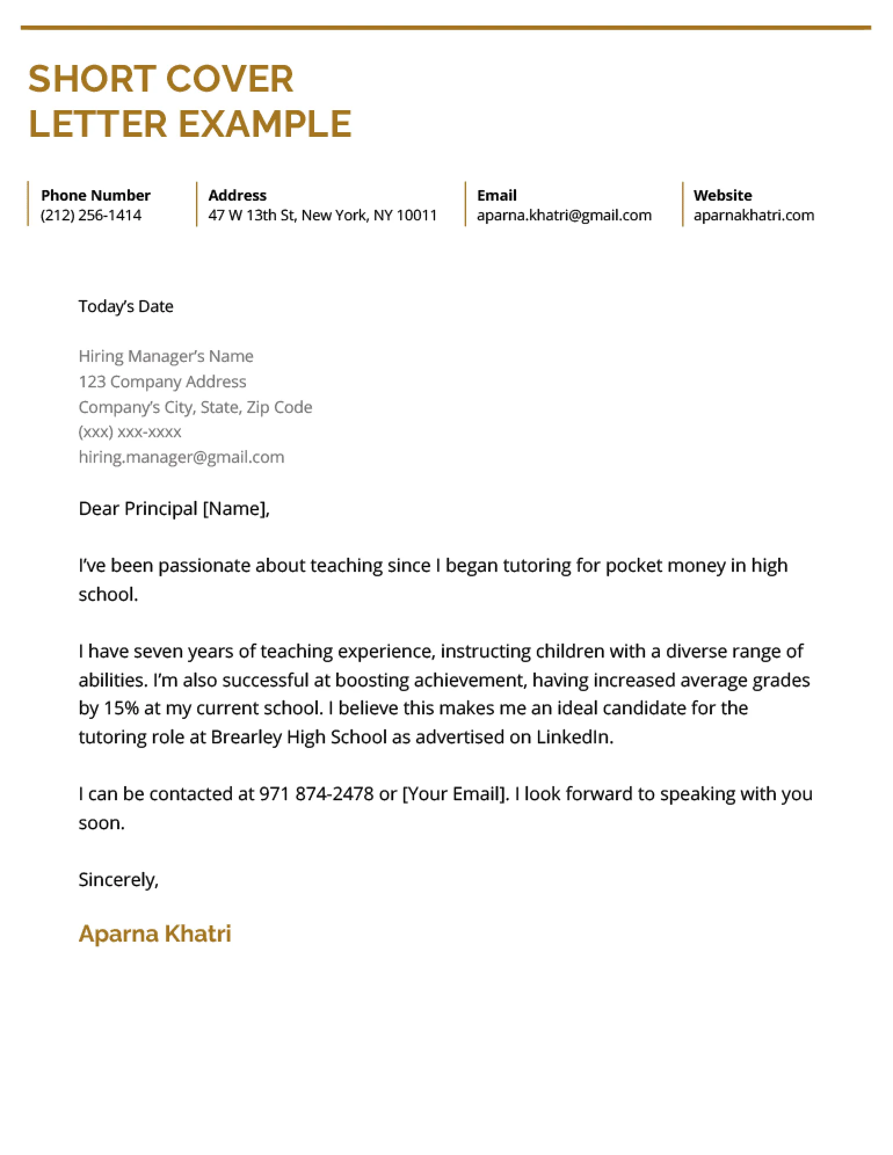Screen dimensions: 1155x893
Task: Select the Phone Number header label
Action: (96, 195)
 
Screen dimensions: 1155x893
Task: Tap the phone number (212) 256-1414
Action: (91, 215)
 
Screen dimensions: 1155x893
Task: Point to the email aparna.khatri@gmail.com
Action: (564, 215)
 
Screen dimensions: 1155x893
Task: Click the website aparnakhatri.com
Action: (753, 215)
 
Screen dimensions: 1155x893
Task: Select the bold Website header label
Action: (722, 195)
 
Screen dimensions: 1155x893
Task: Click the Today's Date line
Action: (126, 306)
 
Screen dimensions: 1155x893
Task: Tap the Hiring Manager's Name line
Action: (166, 356)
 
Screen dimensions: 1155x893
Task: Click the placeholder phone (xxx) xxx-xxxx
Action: (130, 432)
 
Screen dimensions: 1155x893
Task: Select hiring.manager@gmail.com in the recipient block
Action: (181, 457)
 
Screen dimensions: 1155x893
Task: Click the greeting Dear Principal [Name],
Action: (174, 509)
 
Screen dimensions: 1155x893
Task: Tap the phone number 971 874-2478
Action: (316, 794)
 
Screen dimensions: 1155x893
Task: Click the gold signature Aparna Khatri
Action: (155, 934)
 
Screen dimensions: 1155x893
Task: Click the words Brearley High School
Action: (298, 737)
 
